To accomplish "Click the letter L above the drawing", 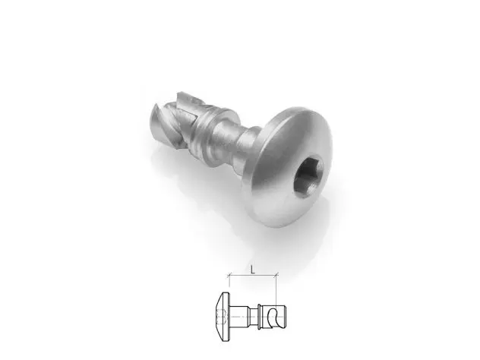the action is coord(253,270).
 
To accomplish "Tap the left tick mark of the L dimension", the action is coord(229,275).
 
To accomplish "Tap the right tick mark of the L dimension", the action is coord(276,275).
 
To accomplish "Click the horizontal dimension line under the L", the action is coord(253,275).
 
